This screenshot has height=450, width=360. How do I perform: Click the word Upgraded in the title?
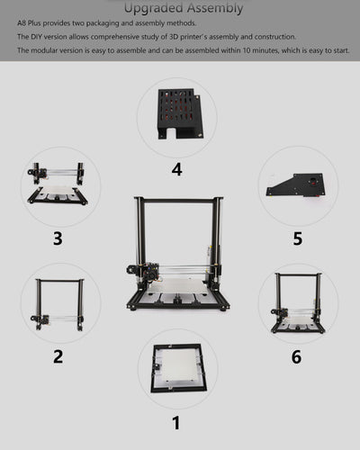pos(155,8)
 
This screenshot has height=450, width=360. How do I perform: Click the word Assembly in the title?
pos(216,8)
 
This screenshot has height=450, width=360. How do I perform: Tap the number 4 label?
pos(176,169)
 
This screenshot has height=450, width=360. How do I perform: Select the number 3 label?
pos(58,238)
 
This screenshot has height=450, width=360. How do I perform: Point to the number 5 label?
pos(297,238)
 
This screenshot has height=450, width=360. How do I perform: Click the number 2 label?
pos(58,355)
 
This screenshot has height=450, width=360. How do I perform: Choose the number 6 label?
pos(297,355)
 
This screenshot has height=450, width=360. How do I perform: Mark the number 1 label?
pos(176,422)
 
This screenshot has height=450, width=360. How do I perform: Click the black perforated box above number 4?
pos(178,112)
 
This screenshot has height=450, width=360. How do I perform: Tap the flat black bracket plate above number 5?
pos(297,184)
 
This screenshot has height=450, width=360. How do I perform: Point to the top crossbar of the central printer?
pos(177,199)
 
